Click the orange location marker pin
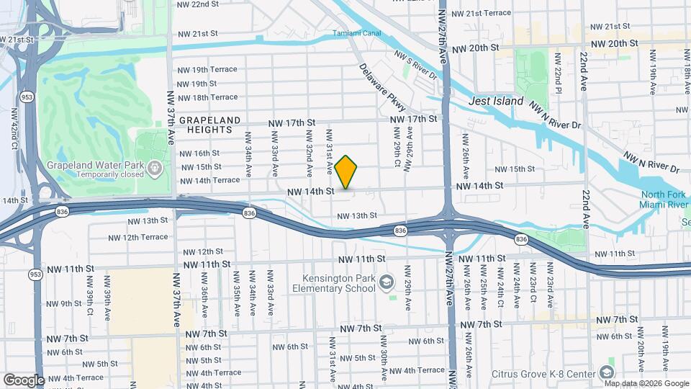pos(346,173)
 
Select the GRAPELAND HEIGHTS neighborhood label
pos(207,124)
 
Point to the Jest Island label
pos(496,101)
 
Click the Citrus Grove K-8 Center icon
pos(607,372)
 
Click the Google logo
pos(23,380)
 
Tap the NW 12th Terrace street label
pos(138,237)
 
